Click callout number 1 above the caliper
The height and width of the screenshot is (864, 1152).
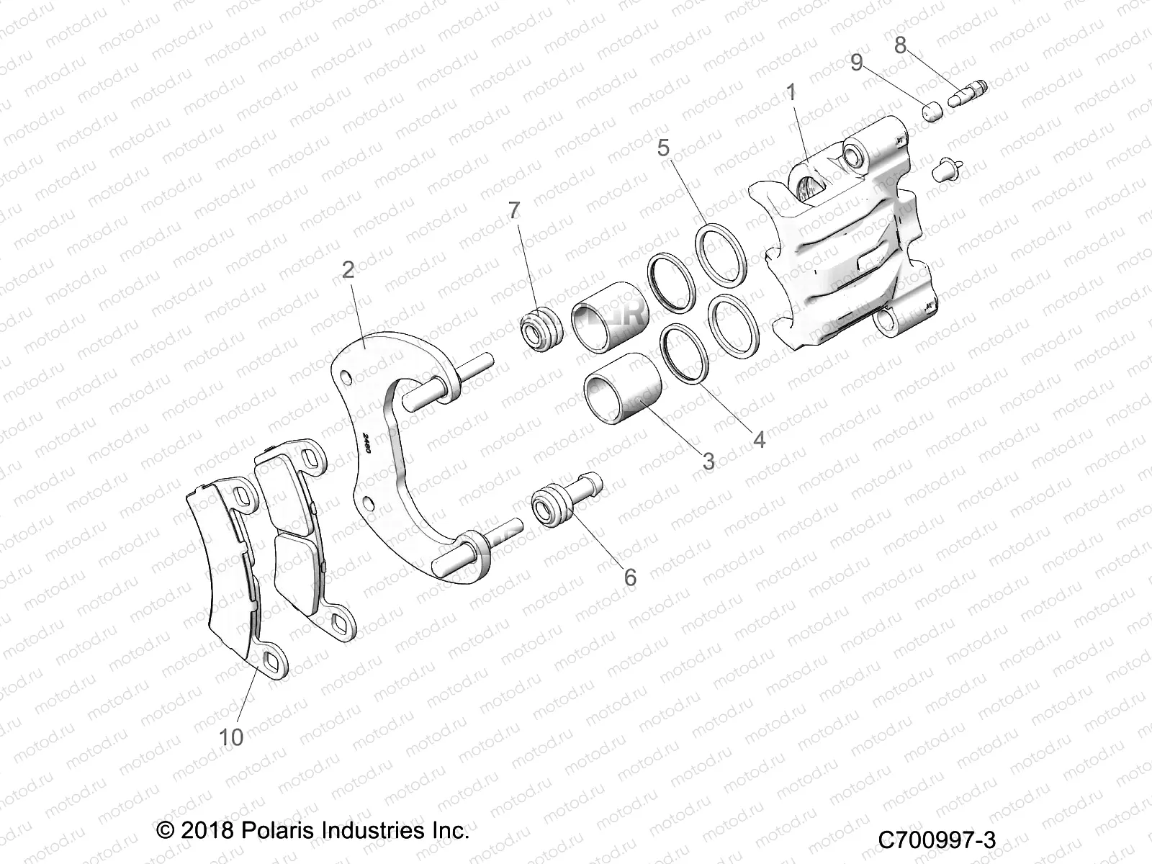click(x=791, y=92)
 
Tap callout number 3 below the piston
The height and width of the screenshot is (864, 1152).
click(x=708, y=461)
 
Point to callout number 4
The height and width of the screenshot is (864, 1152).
click(x=759, y=439)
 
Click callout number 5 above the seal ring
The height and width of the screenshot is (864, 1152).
click(x=663, y=148)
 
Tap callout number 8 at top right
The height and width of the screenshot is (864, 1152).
click(x=900, y=45)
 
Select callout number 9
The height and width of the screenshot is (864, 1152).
click(x=857, y=63)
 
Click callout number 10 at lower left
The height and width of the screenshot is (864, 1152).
click(x=232, y=737)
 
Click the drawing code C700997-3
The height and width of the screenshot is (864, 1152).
click(x=937, y=840)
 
